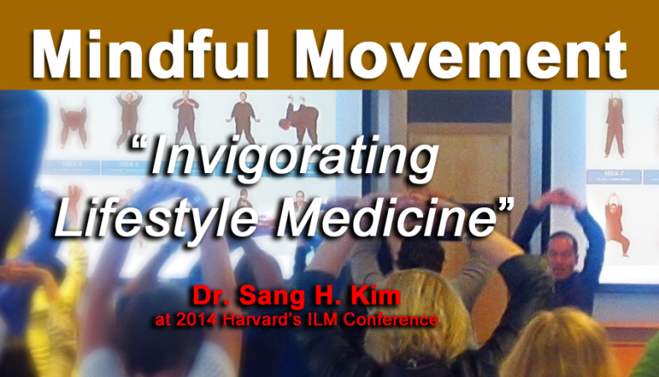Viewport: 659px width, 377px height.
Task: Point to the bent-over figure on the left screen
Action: pos(299,116)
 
